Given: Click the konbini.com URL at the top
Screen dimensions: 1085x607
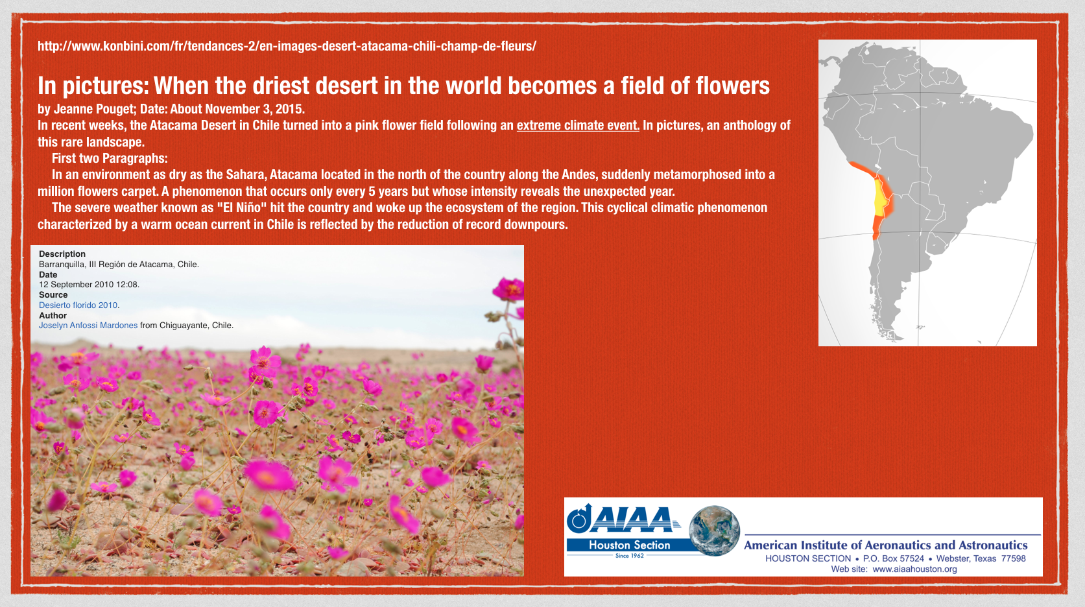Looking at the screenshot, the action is (287, 47).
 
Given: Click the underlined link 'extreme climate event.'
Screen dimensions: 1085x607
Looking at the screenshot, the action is (578, 125).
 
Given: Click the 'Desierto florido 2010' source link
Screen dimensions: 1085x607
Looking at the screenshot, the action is (78, 305).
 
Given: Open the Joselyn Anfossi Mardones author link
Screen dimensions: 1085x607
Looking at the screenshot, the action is (88, 326).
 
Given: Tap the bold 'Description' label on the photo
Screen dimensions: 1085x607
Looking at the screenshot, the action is (62, 254).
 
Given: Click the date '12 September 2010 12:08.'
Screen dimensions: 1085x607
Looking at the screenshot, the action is (89, 284).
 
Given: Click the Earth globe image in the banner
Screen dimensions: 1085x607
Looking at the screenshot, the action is (714, 531).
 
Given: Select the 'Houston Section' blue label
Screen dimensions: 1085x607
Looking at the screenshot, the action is (629, 545).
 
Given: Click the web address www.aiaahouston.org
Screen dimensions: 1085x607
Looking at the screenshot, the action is (914, 569).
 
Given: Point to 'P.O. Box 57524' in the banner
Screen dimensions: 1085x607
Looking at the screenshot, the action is (894, 558).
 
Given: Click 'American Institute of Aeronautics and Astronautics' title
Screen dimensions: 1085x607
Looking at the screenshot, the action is (885, 545).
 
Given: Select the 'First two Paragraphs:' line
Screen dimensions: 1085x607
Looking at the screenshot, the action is (110, 158).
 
